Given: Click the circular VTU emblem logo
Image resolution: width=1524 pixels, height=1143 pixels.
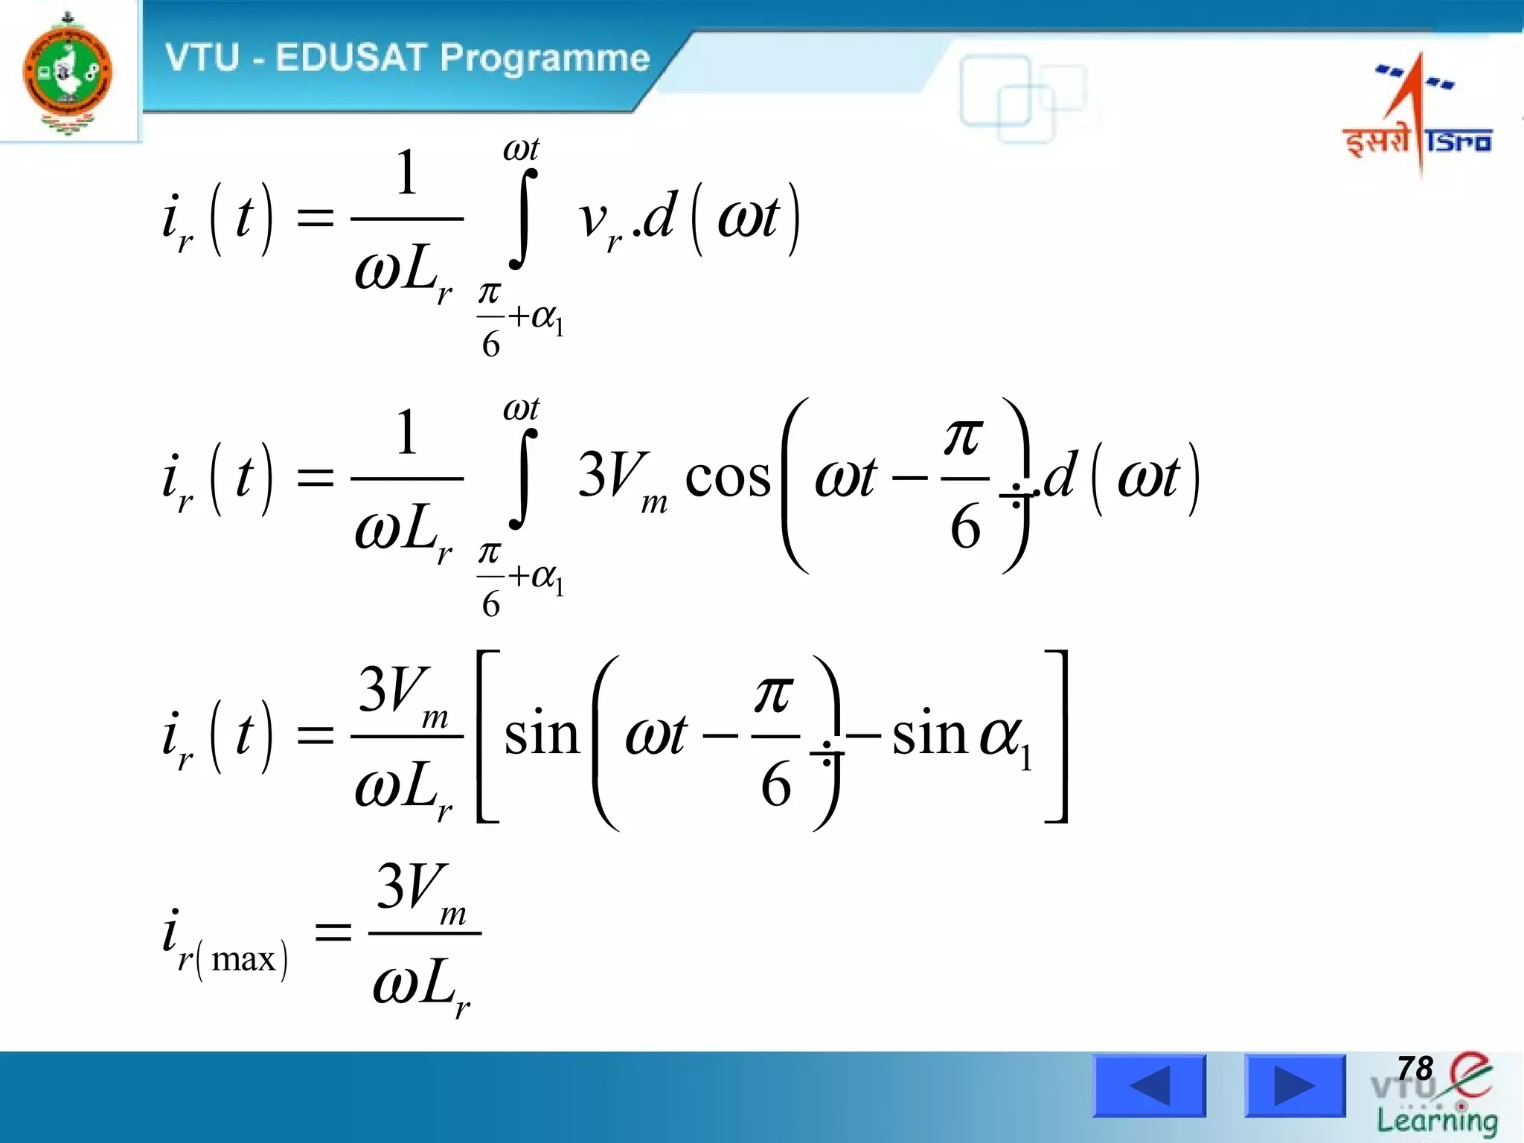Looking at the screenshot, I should [68, 73].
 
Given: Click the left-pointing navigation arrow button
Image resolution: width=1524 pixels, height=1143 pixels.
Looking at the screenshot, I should [1149, 1086].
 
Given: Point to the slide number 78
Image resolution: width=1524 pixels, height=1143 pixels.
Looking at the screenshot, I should [1415, 1069].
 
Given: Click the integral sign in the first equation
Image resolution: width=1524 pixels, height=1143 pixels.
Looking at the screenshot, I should [523, 218].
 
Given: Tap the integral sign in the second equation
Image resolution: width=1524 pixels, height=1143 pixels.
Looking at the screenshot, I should [523, 478].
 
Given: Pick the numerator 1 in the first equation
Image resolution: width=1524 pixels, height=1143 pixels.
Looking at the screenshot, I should [406, 173].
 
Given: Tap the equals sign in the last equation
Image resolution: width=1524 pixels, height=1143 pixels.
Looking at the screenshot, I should [333, 932].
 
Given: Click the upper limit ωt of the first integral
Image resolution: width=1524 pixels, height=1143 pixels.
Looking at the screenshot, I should [521, 150].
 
